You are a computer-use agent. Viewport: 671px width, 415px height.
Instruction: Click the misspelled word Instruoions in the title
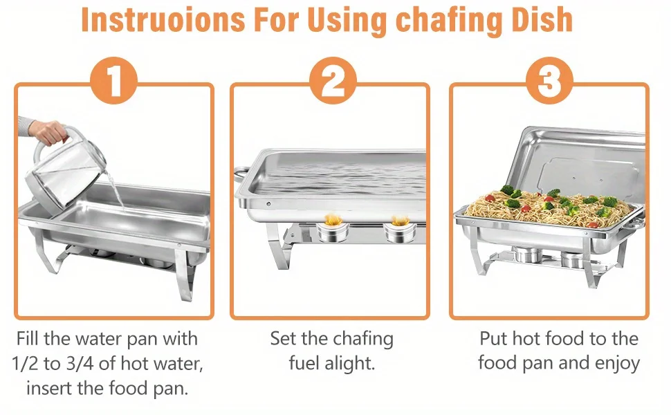click(x=163, y=19)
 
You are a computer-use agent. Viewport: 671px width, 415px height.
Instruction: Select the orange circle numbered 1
click(x=114, y=80)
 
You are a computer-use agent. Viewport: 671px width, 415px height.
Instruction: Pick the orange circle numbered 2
click(x=333, y=80)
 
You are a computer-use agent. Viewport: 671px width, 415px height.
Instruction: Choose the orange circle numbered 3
click(x=549, y=80)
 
